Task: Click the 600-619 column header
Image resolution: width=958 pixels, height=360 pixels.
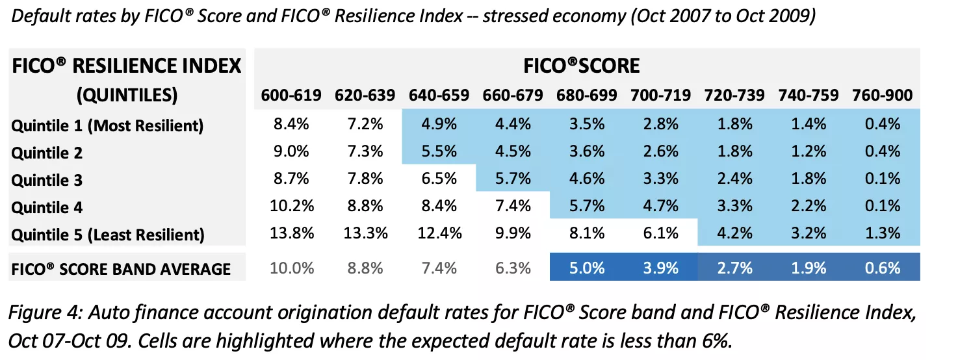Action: pyautogui.click(x=291, y=96)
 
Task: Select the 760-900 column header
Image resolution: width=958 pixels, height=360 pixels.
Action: pyautogui.click(x=882, y=96)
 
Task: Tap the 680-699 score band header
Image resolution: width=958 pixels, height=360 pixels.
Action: pyautogui.click(x=586, y=96)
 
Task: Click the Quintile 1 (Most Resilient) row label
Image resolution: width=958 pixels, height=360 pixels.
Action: pyautogui.click(x=107, y=125)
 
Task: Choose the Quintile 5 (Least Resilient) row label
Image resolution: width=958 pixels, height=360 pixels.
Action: pyautogui.click(x=107, y=235)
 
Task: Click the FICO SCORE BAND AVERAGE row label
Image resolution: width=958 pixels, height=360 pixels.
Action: pyautogui.click(x=121, y=268)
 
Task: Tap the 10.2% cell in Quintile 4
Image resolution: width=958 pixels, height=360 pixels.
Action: pyautogui.click(x=291, y=207)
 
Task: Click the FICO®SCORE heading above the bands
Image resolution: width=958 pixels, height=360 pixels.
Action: pyautogui.click(x=582, y=66)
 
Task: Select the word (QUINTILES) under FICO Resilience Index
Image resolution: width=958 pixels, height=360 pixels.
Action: pyautogui.click(x=127, y=96)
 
